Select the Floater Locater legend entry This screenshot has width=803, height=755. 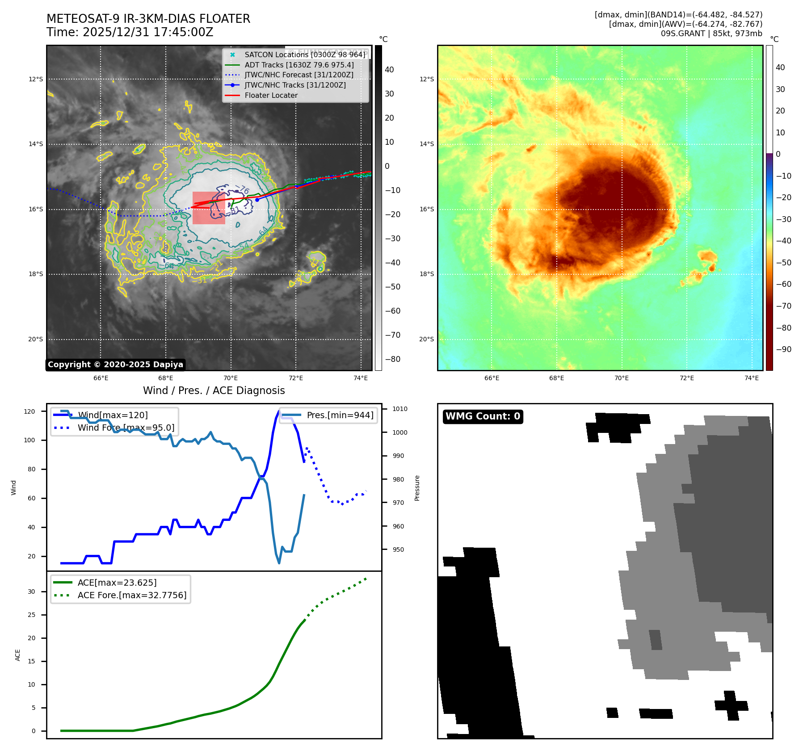pos(271,95)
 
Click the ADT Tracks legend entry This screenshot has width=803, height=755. pos(299,65)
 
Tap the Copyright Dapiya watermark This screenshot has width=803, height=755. pos(115,365)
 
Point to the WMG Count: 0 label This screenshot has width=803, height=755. pos(483,416)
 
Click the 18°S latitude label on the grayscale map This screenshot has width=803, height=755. pos(36,274)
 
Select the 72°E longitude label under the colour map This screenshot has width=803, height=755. pos(686,378)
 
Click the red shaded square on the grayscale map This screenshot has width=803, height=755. pos(209,208)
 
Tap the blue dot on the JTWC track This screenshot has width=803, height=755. pos(257,200)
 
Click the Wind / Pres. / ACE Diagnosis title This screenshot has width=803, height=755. pos(214,390)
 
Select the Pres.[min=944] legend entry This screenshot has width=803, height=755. pos(340,415)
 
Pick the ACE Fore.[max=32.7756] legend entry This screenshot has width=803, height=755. pos(132,595)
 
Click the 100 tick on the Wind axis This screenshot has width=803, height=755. pos(29,440)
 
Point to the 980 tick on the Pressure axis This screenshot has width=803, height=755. pos(398,479)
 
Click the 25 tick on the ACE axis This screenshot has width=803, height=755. pos(31,615)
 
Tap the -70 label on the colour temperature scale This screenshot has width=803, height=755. pos(783,306)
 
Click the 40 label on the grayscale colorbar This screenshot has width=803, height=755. pos(389,70)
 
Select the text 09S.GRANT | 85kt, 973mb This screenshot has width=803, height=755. pos(711,34)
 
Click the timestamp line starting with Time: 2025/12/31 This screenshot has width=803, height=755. pos(130,32)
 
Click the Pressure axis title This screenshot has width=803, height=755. pos(417,488)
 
